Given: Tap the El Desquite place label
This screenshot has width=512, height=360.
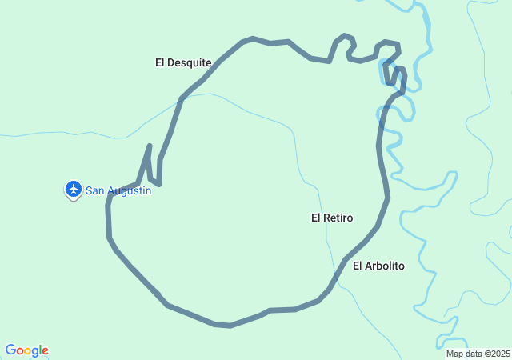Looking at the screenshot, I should pos(183,62).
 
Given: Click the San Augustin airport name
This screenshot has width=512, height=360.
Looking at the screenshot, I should pos(118,190).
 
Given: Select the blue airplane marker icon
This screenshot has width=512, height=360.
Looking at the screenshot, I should pos(74,189).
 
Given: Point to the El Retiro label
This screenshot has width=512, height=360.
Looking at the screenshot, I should pos(332,218).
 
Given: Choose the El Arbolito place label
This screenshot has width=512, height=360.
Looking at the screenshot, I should pos(378,266).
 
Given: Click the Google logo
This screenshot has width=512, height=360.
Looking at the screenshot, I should pos(26,350).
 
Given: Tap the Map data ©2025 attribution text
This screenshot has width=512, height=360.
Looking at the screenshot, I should pos(478,354).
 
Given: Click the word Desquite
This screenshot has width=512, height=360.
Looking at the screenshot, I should pos(190,62).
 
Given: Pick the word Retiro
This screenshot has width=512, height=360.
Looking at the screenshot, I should pos(339,218).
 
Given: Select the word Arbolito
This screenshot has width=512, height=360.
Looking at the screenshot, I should pos(386,266).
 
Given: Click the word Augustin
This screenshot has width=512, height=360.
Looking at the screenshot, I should pos(129,190).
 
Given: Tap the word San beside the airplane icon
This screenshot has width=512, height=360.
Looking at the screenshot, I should pos(95,190).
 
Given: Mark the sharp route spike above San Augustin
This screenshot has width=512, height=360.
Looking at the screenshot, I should pos(150,147).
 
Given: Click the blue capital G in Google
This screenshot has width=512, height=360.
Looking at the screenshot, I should pos(10,350).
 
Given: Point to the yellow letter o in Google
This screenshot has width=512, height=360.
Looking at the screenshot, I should pos(28,351).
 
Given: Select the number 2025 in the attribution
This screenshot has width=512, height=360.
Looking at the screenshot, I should pos(500,354).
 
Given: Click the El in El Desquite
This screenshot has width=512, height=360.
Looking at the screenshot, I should pos(160,62).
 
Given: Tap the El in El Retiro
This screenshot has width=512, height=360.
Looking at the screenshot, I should pos(316,218).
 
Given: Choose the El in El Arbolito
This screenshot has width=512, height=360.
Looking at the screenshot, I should pos(358,266).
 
